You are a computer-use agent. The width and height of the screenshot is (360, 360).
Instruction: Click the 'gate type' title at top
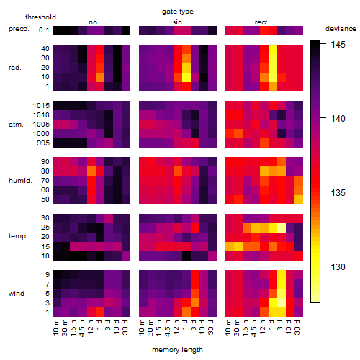click(x=178, y=12)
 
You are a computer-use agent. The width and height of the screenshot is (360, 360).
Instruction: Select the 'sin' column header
click(x=177, y=22)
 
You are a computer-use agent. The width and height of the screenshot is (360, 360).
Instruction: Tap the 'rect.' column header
click(x=261, y=22)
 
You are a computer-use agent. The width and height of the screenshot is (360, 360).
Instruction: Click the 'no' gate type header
click(x=93, y=22)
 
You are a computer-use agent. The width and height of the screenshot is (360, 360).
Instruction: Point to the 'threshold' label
click(x=40, y=17)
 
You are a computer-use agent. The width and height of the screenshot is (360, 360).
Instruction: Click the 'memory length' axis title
click(x=177, y=350)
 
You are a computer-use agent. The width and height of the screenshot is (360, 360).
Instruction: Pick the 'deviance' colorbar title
click(x=341, y=29)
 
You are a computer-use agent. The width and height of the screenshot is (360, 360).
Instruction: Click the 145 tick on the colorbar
click(x=338, y=45)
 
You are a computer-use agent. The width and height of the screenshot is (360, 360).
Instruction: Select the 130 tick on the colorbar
click(x=338, y=266)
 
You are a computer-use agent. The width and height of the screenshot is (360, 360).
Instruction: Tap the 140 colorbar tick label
click(x=338, y=119)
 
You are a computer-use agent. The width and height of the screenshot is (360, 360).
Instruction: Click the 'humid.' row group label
click(x=20, y=181)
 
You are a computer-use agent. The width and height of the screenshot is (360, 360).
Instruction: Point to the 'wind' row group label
click(x=17, y=294)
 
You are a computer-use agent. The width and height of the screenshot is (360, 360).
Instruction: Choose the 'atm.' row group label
click(x=16, y=125)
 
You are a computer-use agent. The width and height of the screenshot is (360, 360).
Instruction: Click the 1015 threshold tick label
click(x=41, y=106)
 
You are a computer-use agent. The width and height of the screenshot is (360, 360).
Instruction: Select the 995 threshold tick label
click(x=43, y=143)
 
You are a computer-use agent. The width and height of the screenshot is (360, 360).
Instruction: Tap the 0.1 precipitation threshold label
click(x=44, y=30)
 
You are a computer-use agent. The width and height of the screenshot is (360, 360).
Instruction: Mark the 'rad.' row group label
click(x=15, y=68)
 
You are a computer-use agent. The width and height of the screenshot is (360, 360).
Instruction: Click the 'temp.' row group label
click(x=18, y=236)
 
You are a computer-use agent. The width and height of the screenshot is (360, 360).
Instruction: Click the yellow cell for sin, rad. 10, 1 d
click(x=186, y=77)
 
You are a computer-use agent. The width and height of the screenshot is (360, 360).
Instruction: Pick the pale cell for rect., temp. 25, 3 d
click(x=282, y=228)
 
